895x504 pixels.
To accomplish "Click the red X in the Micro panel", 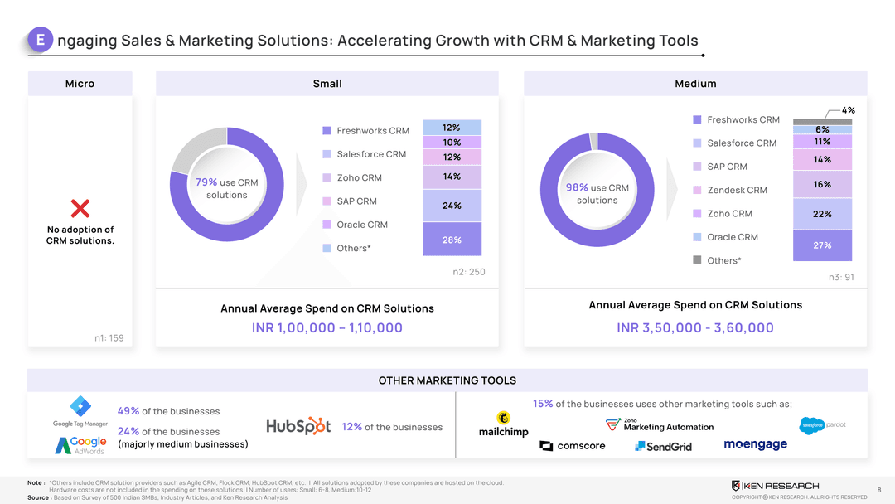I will [80, 206].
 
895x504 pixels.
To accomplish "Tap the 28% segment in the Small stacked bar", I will [452, 240].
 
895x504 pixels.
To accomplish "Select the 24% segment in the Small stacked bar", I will [452, 206].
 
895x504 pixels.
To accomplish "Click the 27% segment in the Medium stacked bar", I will [822, 245].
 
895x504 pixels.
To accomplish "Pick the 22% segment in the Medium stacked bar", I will [822, 214].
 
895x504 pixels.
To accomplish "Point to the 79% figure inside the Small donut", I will [206, 182].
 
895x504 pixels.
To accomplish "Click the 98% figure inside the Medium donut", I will [577, 188].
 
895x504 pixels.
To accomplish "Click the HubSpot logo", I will [298, 426].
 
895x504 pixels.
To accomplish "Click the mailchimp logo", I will [504, 425].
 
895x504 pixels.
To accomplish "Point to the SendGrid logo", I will [663, 446].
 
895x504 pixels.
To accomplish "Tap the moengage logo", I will [755, 445].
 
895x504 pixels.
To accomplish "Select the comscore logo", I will [573, 446].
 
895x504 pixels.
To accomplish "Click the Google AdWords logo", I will [81, 445].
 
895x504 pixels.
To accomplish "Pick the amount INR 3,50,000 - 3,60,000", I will [695, 327].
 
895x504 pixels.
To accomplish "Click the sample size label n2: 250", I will [468, 272].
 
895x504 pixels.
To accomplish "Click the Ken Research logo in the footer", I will [775, 485].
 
